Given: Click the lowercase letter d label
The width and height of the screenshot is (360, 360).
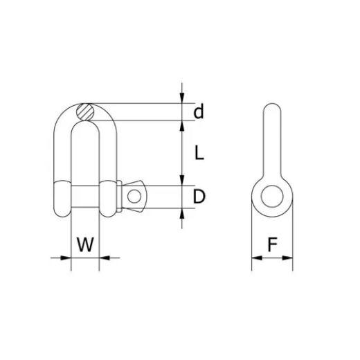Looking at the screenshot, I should [199, 111].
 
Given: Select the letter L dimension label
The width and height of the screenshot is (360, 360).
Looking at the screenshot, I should [199, 154].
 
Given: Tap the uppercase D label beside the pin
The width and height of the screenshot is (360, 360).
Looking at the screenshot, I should [199, 197].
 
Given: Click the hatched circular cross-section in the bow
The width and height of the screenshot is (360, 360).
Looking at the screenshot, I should [85, 111].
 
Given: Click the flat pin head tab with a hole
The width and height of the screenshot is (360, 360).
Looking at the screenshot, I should [135, 196].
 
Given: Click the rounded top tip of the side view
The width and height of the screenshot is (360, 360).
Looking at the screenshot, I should [271, 109].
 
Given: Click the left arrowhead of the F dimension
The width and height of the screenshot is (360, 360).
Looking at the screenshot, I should [255, 258].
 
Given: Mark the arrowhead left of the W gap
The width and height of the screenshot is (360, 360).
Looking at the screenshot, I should [66, 258].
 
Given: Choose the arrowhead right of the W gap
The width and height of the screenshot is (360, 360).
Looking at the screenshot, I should [105, 258].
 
